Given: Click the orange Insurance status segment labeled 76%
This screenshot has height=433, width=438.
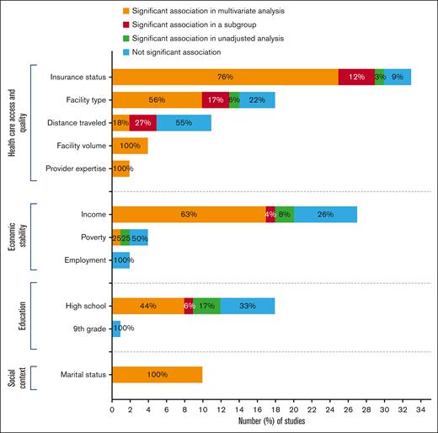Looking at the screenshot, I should (x=225, y=78).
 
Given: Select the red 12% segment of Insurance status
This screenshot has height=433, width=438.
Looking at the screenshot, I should (x=356, y=78).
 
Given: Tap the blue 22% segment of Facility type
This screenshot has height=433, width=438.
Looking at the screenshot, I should (x=257, y=100).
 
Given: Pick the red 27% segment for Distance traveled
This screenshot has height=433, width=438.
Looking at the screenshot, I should (x=143, y=123).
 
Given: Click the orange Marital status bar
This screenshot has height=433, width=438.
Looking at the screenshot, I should (x=158, y=373).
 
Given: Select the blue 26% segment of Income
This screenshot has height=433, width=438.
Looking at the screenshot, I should (x=325, y=215).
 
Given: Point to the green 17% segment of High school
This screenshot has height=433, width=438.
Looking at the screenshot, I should (x=207, y=306).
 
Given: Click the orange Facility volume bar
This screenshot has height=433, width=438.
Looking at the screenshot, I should (x=130, y=146).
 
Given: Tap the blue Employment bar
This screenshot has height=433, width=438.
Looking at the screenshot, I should (x=121, y=260).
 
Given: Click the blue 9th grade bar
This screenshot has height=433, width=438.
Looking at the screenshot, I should (x=116, y=329).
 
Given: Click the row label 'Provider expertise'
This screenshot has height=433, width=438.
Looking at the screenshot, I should (x=77, y=168).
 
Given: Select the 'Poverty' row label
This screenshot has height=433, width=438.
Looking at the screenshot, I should (x=91, y=238).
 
